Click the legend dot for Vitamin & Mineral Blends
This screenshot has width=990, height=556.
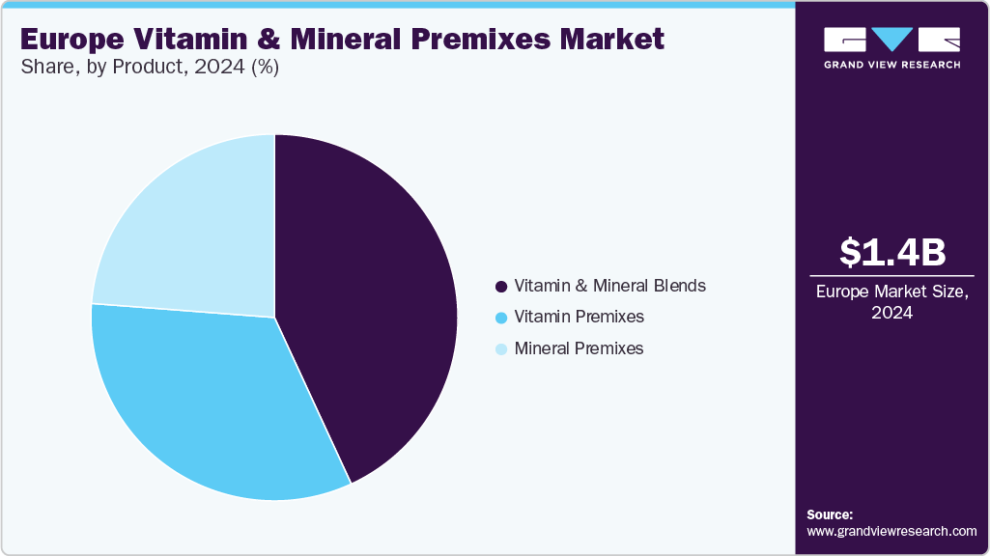click(x=501, y=287)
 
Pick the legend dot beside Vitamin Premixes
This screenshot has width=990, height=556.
click(x=501, y=318)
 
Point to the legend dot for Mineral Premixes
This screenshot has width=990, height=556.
click(x=501, y=348)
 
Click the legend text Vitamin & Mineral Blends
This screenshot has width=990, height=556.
click(x=609, y=286)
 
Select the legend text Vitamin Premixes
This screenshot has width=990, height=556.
click(x=579, y=317)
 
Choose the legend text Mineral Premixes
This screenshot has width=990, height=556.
click(x=579, y=347)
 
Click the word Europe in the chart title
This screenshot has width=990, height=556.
click(x=70, y=40)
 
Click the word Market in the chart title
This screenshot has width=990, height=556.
click(x=615, y=40)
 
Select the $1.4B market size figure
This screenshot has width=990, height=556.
click(x=892, y=252)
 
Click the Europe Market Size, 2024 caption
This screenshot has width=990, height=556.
click(x=892, y=302)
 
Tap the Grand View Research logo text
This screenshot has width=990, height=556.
click(x=892, y=65)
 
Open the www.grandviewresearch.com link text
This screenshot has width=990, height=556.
click(x=892, y=531)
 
